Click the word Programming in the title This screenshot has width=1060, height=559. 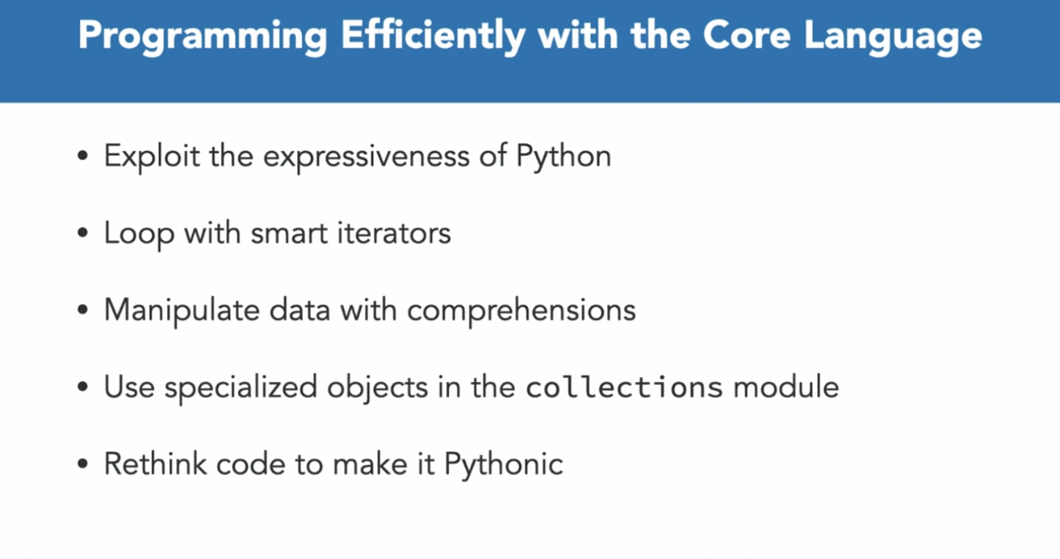pos(203,37)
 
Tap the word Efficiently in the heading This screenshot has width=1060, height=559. pos(433,37)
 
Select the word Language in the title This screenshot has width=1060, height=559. pos(894,37)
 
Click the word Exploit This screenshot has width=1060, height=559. pos(151,157)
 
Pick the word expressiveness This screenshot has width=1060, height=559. pos(366,157)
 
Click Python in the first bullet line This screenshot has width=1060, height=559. pos(563,157)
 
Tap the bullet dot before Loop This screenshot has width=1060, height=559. pos(83,232)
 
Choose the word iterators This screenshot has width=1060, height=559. pos(394,233)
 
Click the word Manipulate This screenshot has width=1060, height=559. pos(182,311)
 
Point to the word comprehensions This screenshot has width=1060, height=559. pos(522,311)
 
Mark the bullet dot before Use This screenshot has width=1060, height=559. pos(83,386)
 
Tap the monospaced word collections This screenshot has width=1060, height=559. pos(624,387)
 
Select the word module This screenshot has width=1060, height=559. pos(786,387)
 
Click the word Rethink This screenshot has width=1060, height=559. pos(155,463)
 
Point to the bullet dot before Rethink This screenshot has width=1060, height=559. pos(83,464)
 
